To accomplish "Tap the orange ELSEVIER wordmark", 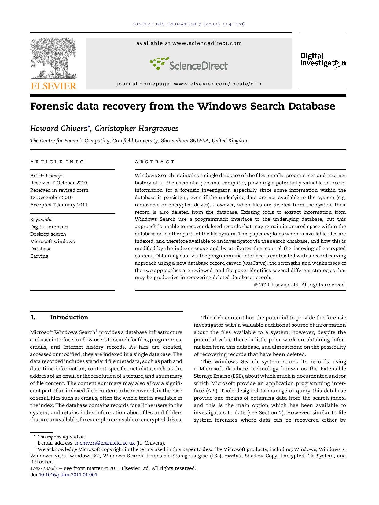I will click(53, 86).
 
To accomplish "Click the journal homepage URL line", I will click(189, 84).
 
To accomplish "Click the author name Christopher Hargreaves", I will click(137, 129).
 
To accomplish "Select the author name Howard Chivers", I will click(58, 129).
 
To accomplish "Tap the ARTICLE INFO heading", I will click(57, 162).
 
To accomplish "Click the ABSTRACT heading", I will click(155, 162).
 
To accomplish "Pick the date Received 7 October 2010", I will click(58, 183).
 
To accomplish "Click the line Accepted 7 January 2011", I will click(59, 205).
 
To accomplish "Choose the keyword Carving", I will click(39, 256).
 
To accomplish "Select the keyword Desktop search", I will click(48, 234).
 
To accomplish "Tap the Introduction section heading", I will click(69, 318).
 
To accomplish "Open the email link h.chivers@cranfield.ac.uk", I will click(105, 443).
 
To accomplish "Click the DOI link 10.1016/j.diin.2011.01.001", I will click(68, 475).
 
